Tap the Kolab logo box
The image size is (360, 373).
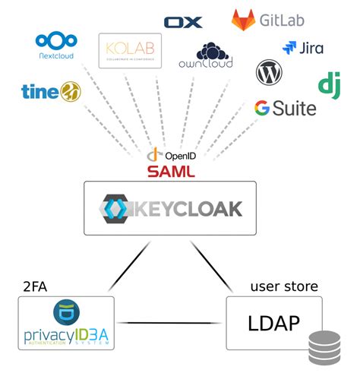130,51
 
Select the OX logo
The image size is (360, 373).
183,22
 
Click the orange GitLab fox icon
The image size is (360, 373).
244,20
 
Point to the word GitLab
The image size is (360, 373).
283,20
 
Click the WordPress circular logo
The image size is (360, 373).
269,74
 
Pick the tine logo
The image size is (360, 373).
51,91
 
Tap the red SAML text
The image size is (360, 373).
171,172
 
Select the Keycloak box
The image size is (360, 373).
170,207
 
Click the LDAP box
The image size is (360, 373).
273,322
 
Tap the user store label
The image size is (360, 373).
284,286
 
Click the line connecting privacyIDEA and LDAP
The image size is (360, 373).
169,324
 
